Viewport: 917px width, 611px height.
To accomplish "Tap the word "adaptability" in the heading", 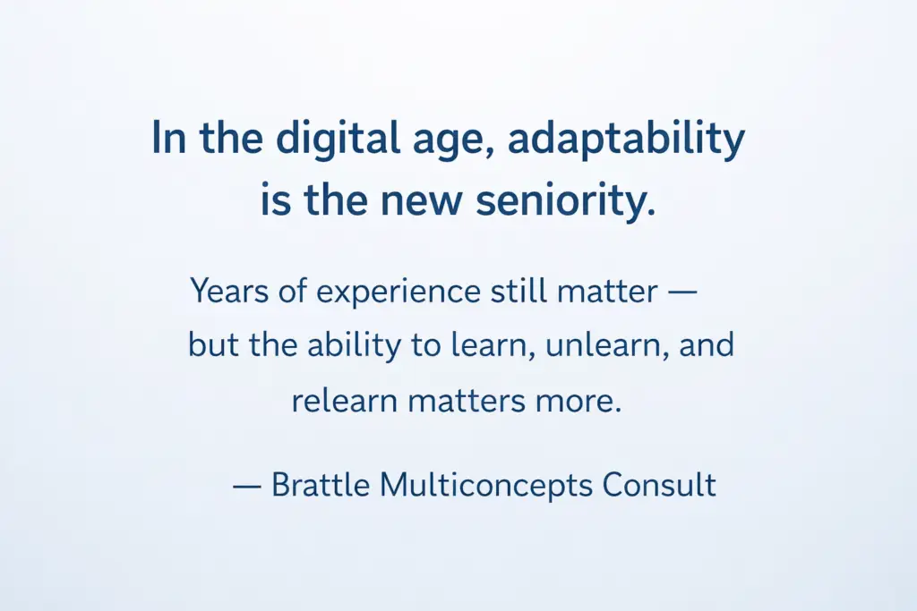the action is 626,140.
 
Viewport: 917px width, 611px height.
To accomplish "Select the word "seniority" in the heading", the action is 566,201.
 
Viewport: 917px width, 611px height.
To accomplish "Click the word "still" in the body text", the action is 518,291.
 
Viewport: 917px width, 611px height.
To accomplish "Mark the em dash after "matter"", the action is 681,292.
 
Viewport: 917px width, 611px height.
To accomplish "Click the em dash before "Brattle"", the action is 247,486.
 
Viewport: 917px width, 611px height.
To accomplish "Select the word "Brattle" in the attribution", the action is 321,485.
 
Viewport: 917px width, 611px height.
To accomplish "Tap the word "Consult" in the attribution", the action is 659,485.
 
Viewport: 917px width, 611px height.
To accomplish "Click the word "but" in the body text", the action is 213,345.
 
